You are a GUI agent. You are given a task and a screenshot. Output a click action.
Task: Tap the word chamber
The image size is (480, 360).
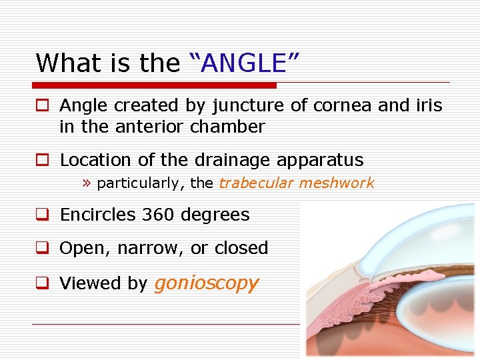228,127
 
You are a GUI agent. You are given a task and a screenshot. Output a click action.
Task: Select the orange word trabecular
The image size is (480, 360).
255,183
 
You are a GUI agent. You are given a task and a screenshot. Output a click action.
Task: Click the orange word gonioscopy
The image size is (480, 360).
206,283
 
